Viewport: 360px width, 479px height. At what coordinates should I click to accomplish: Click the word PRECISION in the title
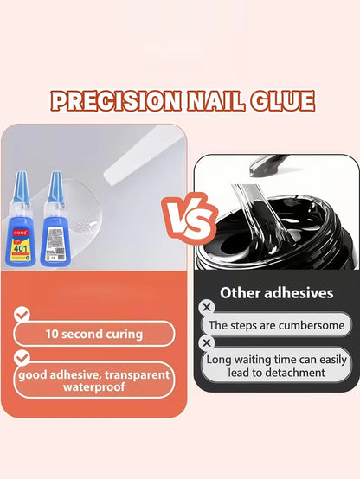(x=109, y=100)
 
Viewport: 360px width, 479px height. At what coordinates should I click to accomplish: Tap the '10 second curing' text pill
(x=94, y=334)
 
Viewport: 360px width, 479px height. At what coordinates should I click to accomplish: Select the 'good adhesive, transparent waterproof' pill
(x=94, y=380)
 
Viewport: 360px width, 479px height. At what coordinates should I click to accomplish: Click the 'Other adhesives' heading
(x=276, y=293)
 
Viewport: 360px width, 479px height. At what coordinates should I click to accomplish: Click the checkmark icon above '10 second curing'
(x=22, y=315)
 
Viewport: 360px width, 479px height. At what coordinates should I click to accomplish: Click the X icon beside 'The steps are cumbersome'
(x=207, y=308)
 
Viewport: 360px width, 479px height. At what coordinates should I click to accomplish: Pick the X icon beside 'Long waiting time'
(x=207, y=342)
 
